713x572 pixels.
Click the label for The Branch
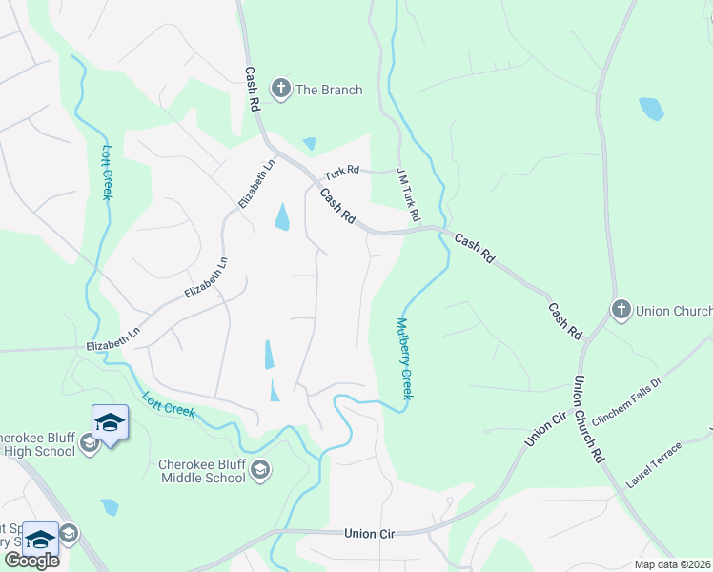(329, 90)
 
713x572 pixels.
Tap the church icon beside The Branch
(280, 90)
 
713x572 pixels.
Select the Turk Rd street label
(340, 172)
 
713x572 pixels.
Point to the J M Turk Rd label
(408, 194)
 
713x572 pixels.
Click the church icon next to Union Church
(621, 310)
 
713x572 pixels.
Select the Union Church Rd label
(587, 419)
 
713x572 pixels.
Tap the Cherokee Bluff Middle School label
(201, 471)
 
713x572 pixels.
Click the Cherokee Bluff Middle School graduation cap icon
(260, 469)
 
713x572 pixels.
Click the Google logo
(31, 560)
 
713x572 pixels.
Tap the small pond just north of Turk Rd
(309, 144)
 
